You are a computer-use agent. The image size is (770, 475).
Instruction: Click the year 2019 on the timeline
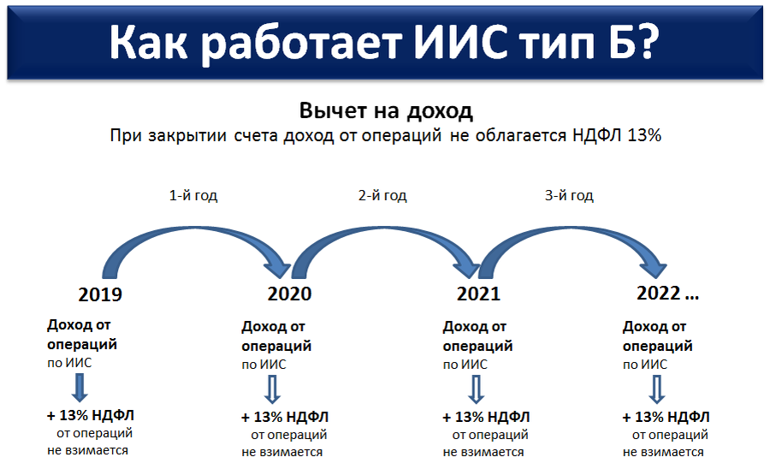[100, 294]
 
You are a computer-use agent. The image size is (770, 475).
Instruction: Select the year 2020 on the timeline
[289, 294]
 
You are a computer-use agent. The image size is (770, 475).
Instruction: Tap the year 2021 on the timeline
[478, 294]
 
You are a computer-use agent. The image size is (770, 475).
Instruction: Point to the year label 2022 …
[667, 294]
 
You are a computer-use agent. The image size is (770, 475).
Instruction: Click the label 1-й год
[193, 195]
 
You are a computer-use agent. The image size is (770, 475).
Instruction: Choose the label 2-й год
[382, 195]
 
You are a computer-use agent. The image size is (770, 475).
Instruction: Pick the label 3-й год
[569, 195]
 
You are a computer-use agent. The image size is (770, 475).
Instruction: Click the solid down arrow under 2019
[80, 388]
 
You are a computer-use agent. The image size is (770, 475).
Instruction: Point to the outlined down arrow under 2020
[273, 389]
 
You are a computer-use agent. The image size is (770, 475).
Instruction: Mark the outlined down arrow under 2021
[476, 389]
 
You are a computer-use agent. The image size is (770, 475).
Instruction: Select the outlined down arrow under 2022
[656, 389]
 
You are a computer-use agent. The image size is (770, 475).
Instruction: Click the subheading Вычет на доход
[386, 110]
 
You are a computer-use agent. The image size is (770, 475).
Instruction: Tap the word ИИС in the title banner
[460, 43]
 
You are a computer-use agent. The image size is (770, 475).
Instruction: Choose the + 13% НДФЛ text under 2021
[486, 417]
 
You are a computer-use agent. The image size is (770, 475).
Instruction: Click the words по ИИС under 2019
[69, 363]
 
